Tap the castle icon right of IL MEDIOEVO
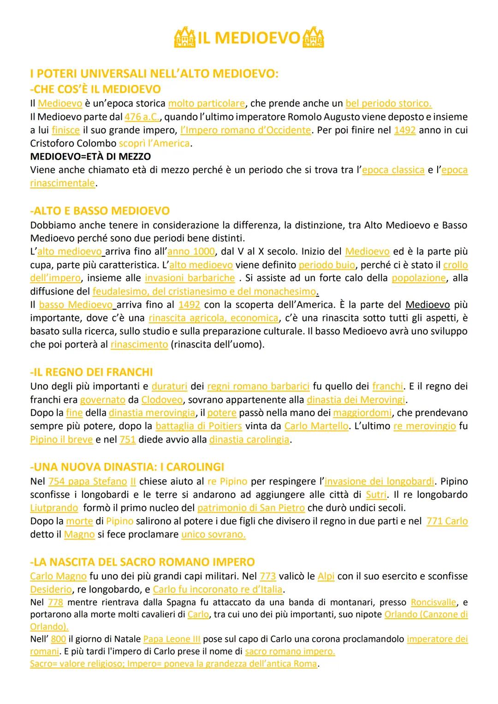pyautogui.click(x=313, y=37)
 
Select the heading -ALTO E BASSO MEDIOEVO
pyautogui.click(x=100, y=211)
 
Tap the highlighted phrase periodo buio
pyautogui.click(x=327, y=265)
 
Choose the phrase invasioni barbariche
pyautogui.click(x=190, y=278)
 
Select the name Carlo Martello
pyautogui.click(x=316, y=426)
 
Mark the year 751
pyautogui.click(x=128, y=439)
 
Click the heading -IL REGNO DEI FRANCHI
pyautogui.click(x=91, y=372)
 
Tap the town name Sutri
pyautogui.click(x=376, y=495)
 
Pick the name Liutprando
pyautogui.click(x=54, y=508)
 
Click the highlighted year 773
pyautogui.click(x=268, y=576)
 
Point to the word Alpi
pyautogui.click(x=326, y=576)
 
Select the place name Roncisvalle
pyautogui.click(x=433, y=602)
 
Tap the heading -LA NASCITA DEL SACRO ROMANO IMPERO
pyautogui.click(x=142, y=562)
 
